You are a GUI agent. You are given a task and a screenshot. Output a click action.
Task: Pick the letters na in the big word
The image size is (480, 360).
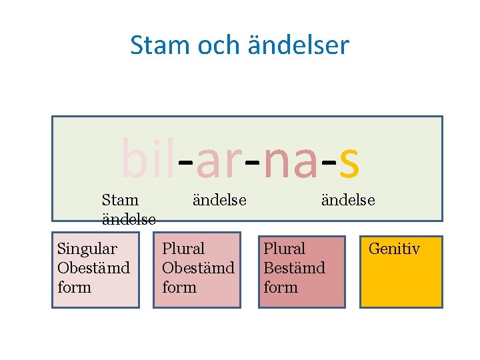[x=290, y=163]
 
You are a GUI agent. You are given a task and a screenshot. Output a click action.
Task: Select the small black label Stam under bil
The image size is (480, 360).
[x=120, y=200]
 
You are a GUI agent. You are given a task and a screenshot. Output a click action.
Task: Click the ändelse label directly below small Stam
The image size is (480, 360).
[x=129, y=219]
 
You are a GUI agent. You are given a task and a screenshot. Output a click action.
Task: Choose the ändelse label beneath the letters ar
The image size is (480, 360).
[x=219, y=200]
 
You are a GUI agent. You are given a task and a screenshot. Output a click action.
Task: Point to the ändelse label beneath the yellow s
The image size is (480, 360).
[x=348, y=200]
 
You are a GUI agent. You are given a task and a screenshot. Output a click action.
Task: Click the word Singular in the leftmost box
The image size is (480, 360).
[x=87, y=249]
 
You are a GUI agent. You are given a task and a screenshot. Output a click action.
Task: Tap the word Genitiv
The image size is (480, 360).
[x=394, y=249]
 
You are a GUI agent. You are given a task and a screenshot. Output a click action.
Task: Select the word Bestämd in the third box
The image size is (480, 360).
[x=294, y=268]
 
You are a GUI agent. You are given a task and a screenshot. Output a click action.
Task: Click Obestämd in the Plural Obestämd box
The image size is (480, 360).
[x=198, y=268]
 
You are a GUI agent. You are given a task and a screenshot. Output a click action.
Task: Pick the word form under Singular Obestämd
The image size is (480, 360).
[x=74, y=287]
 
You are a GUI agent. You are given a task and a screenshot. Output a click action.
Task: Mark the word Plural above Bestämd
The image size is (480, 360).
[x=284, y=249]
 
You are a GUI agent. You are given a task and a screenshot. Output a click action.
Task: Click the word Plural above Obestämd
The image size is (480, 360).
[x=183, y=249]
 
